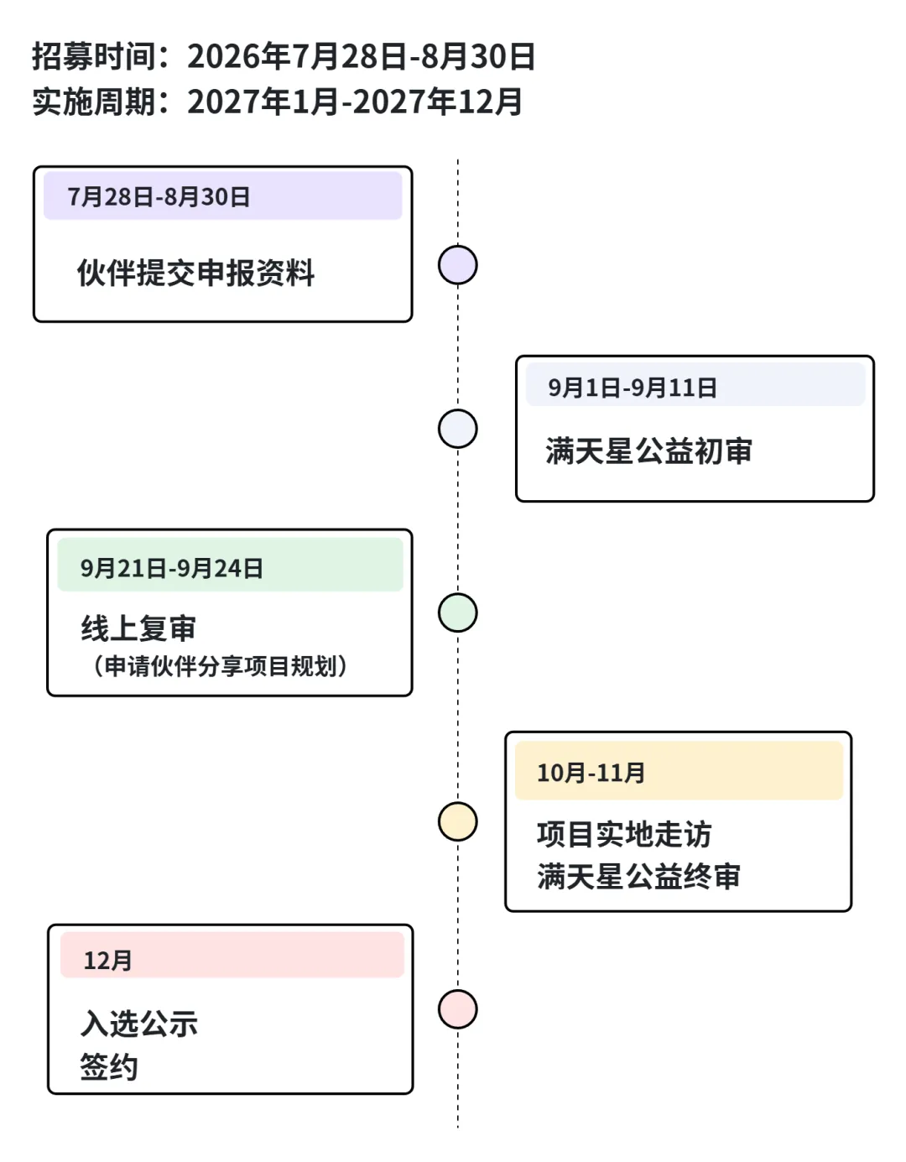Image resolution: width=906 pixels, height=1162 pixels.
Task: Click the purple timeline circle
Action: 457,264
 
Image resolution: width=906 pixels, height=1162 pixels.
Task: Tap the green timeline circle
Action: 457,612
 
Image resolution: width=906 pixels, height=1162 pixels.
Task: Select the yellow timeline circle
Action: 457,821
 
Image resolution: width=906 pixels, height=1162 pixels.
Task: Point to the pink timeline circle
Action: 457,1009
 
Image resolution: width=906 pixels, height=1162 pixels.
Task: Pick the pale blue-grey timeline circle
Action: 457,429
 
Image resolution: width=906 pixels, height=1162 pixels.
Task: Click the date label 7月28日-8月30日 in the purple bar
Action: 159,197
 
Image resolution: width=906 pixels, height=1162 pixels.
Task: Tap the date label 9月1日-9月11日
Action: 633,388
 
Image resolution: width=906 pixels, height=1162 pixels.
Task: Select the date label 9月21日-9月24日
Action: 172,568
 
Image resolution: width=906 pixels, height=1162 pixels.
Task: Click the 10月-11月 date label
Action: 591,773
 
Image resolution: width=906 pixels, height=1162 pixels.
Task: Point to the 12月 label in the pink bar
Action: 108,961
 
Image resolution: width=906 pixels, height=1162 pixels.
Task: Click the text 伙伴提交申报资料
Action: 195,273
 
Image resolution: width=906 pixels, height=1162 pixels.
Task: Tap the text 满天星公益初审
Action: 649,451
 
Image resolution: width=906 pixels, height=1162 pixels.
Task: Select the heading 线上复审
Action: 138,628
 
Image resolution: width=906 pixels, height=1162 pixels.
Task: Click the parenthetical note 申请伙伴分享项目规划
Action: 221,666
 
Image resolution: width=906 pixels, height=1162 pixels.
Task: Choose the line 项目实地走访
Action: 624,834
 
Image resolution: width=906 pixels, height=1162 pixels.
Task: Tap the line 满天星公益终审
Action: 638,877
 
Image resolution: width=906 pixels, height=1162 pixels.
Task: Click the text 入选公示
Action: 139,1024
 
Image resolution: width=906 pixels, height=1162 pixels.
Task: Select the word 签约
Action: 109,1067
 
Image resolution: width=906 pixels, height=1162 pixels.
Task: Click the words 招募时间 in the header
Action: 93,55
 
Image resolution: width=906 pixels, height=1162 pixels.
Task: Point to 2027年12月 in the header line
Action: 438,102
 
